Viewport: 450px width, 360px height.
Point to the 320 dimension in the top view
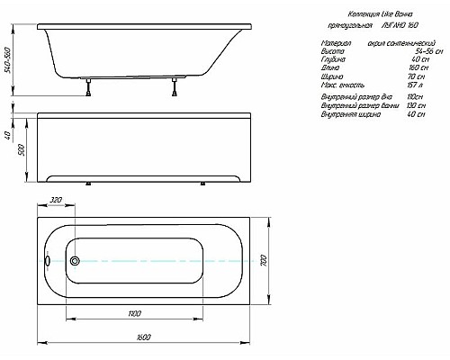click(x=55, y=201)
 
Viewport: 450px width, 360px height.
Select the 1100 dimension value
click(x=133, y=312)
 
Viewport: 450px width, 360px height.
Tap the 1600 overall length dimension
click(x=144, y=337)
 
